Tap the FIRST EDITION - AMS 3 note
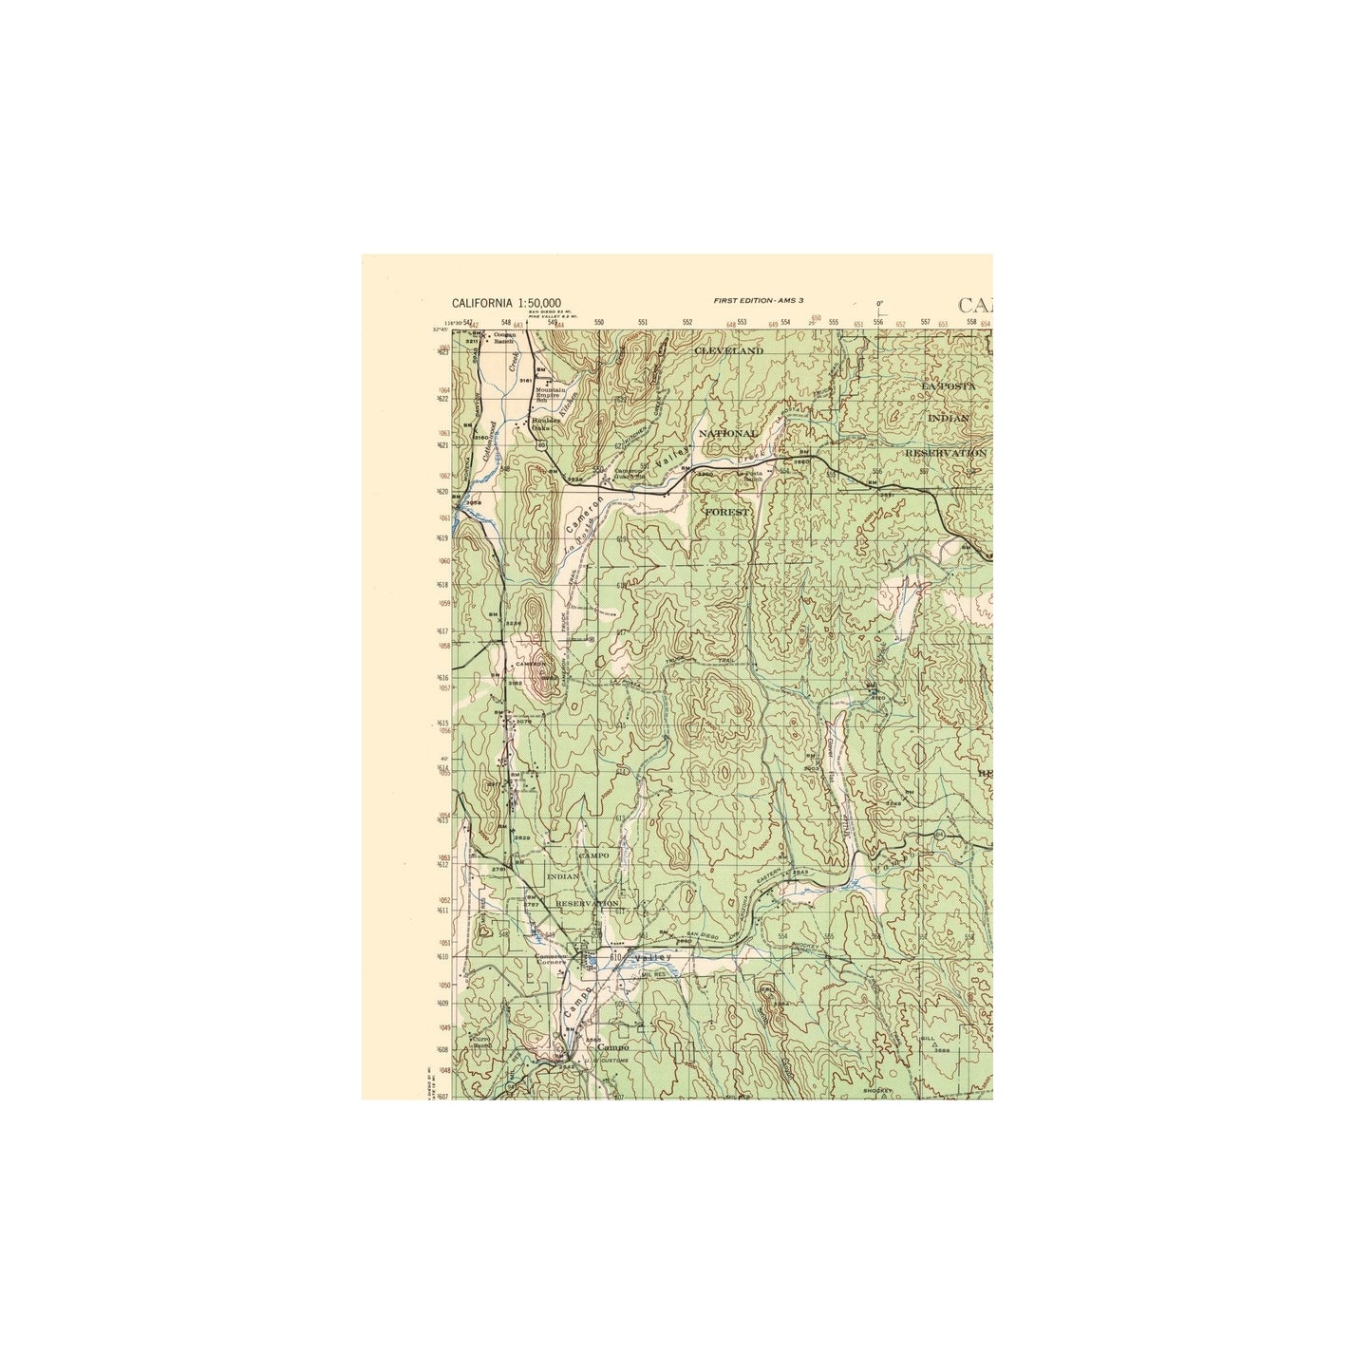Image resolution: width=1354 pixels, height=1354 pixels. point(759,300)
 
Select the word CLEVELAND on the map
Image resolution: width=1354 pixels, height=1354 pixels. point(728,350)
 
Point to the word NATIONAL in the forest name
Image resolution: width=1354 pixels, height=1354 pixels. point(728,433)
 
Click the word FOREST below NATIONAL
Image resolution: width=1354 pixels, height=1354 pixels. point(726,512)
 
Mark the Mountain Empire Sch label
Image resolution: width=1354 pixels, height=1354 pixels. point(552,394)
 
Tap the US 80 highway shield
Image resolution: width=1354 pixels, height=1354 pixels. point(590,640)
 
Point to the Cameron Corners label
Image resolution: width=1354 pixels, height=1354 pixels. point(552,959)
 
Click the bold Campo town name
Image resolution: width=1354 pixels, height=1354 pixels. point(613,1048)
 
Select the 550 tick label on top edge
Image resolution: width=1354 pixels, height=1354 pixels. point(598,324)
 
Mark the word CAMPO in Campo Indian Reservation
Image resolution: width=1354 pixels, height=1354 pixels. point(593,856)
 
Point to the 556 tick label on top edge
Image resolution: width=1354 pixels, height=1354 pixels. point(879,324)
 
